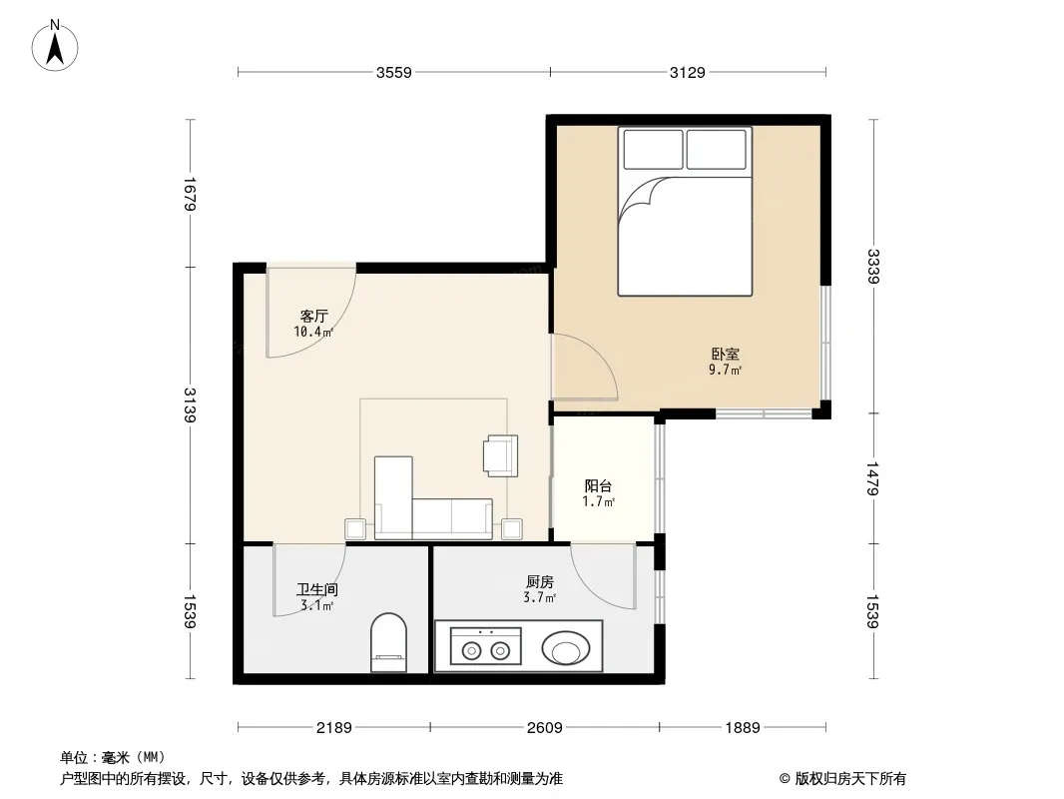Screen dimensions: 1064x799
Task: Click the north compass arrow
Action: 55,47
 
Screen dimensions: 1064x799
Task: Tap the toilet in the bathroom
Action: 389,642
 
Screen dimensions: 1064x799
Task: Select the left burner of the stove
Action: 470,651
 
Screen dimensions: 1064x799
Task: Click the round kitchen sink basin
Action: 566,648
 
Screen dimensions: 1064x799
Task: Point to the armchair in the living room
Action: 501,455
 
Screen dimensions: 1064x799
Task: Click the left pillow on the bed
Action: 653,150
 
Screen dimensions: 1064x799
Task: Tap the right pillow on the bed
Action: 716,150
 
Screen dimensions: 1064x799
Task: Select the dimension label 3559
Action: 394,72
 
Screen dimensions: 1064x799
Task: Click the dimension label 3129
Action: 688,72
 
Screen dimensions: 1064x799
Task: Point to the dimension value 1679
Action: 190,194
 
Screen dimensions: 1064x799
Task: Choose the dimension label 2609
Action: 544,728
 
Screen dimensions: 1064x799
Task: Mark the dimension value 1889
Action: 743,728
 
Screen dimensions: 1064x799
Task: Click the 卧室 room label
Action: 726,354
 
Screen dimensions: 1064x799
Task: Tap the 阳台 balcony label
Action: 599,486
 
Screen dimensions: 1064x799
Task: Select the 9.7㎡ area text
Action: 726,370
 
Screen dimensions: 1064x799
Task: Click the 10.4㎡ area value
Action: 313,332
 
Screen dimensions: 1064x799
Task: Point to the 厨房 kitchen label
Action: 539,581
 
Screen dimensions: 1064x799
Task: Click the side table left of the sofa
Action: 355,528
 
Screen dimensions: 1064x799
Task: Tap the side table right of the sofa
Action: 512,528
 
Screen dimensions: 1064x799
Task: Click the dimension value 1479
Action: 873,478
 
